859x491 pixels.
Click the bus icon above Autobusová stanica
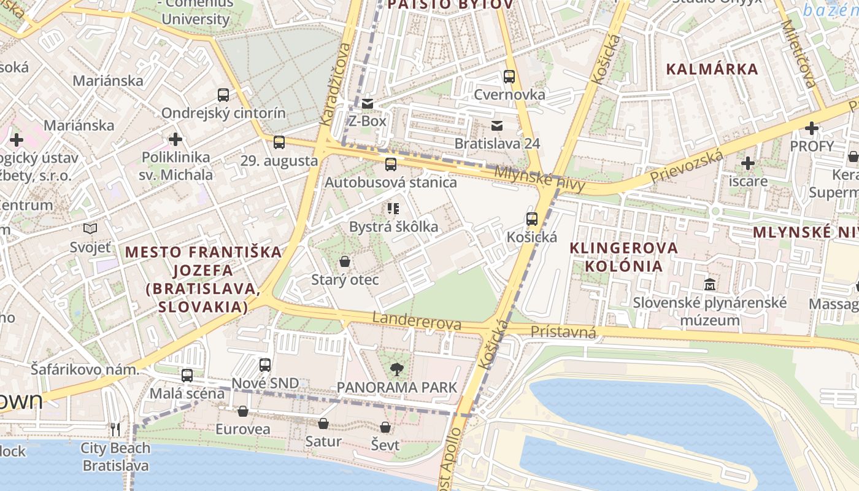(x=390, y=164)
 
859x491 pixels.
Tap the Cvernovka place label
(x=509, y=95)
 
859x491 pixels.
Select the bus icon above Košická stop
(x=531, y=219)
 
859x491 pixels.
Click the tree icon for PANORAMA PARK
(x=396, y=369)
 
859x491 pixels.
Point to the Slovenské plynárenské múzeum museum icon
(x=710, y=285)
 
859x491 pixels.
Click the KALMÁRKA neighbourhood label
(x=712, y=69)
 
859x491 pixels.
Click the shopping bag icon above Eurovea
(x=243, y=411)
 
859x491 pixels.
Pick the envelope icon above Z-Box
(x=367, y=103)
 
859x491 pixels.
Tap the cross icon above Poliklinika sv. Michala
(x=175, y=139)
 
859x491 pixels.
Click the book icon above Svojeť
(x=90, y=229)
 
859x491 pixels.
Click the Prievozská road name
(x=687, y=167)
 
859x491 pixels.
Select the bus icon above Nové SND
(x=264, y=365)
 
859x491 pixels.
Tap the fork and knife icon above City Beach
(x=115, y=429)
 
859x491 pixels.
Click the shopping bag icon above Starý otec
(x=345, y=262)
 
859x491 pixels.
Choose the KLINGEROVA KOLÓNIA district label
(x=623, y=257)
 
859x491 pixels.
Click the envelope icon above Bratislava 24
(x=496, y=126)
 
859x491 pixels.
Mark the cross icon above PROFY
(x=812, y=128)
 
